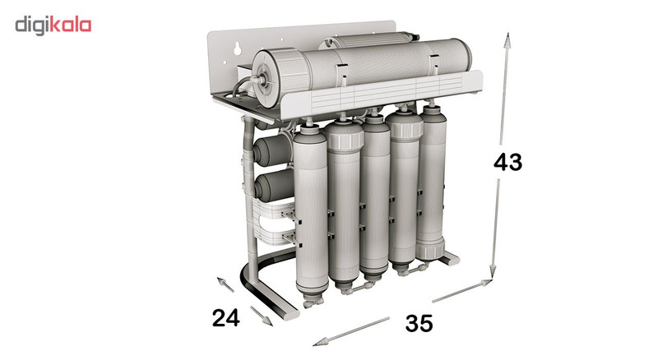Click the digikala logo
[53, 25]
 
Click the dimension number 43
[507, 162]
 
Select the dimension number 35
[419, 323]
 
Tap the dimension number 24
[226, 317]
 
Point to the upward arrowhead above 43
[507, 41]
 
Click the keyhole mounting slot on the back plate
[237, 48]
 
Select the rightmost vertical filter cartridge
[430, 182]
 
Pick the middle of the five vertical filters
[375, 195]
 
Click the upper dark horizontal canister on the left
[273, 150]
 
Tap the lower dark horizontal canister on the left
[274, 185]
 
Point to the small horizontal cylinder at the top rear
[369, 40]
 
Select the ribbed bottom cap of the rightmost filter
[430, 250]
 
